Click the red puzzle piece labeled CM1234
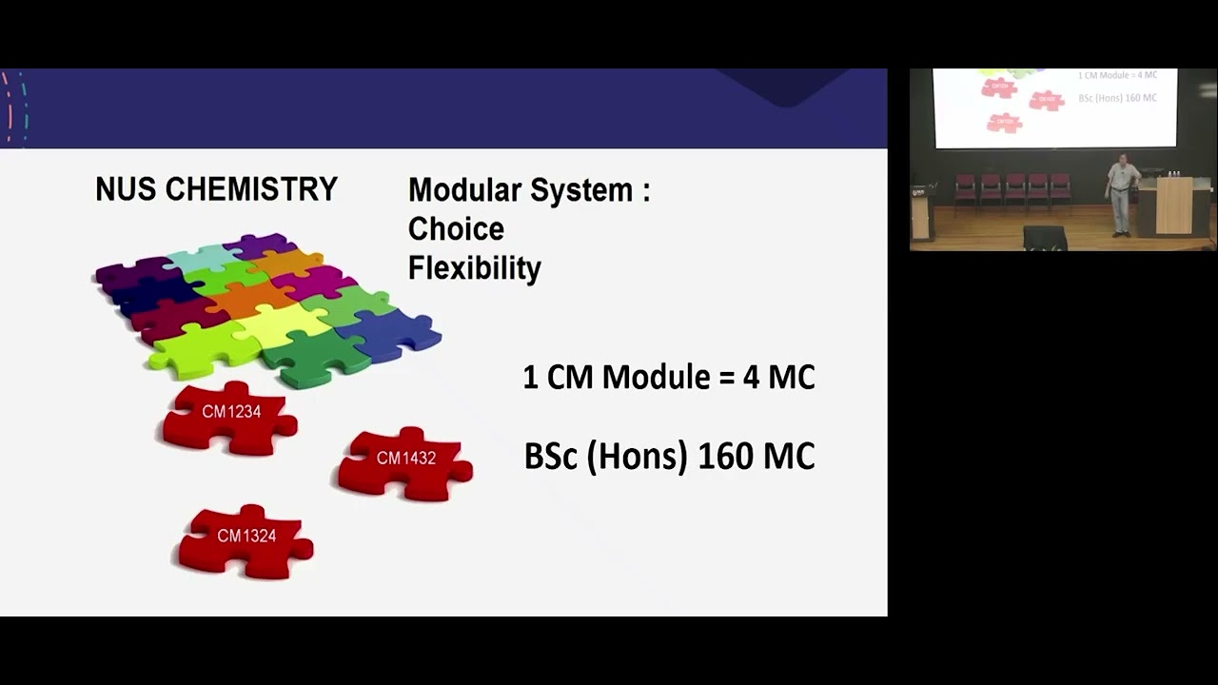pyautogui.click(x=229, y=417)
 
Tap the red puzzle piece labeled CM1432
pyautogui.click(x=405, y=462)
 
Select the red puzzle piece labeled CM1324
pyautogui.click(x=246, y=540)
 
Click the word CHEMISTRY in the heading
pyautogui.click(x=251, y=189)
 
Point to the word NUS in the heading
pyautogui.click(x=127, y=189)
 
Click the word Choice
pyautogui.click(x=456, y=229)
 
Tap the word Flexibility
pyautogui.click(x=474, y=268)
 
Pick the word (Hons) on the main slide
pyautogui.click(x=636, y=457)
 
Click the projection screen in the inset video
pyautogui.click(x=1054, y=107)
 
